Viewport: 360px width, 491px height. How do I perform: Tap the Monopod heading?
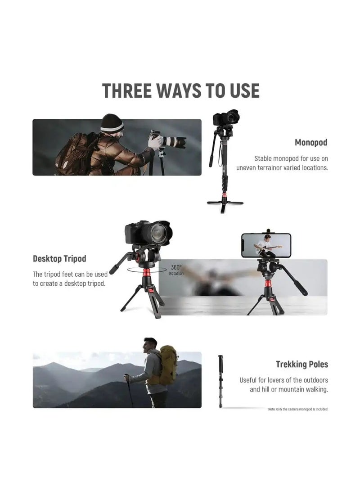(x=311, y=143)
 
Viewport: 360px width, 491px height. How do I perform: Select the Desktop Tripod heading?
(x=59, y=259)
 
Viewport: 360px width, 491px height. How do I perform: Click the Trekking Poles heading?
(x=302, y=364)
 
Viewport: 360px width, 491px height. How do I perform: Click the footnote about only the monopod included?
(x=298, y=409)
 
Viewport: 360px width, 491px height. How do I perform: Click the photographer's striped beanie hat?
(x=112, y=123)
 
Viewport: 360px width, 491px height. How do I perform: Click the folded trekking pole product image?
(x=221, y=380)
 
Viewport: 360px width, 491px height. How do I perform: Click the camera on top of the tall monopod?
(x=226, y=118)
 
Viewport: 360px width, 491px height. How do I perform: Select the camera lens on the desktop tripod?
(x=160, y=234)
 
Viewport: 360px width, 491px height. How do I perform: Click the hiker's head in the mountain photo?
(x=150, y=346)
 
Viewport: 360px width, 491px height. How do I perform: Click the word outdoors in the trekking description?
(x=314, y=380)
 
